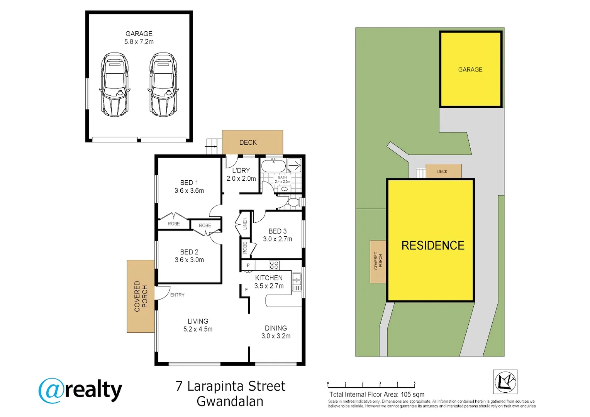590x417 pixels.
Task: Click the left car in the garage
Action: [115, 85]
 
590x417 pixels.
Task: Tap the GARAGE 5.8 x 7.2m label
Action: [139, 38]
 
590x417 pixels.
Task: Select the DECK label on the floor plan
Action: [248, 142]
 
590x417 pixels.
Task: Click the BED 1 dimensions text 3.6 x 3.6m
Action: [189, 191]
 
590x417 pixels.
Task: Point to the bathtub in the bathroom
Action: [273, 166]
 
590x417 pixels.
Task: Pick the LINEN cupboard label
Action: [245, 224]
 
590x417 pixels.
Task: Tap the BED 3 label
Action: [278, 231]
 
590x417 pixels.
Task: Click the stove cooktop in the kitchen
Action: [274, 265]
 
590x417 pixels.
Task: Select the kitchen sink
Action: [296, 282]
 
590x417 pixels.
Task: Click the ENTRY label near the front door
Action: [177, 295]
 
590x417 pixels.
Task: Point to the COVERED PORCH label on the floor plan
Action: [141, 296]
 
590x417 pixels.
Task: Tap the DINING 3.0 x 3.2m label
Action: [276, 332]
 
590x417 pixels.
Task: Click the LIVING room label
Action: [198, 321]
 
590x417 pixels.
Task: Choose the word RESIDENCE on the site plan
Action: [433, 246]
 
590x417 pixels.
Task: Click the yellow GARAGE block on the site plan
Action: [470, 69]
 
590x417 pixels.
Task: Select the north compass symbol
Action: [505, 381]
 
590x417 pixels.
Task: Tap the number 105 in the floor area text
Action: [406, 395]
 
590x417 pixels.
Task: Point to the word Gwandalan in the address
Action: [230, 402]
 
